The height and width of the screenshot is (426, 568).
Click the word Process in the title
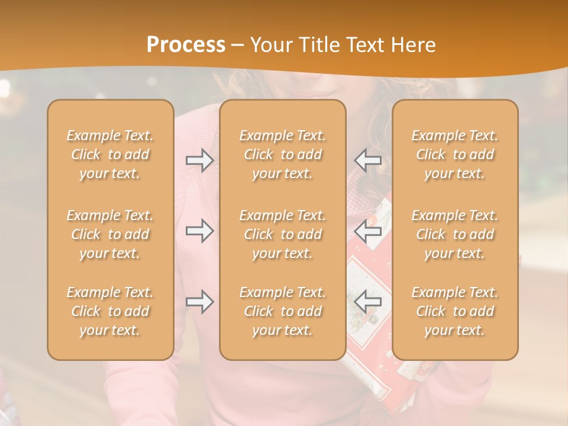[186, 44]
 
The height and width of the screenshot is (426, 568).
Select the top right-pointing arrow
[199, 160]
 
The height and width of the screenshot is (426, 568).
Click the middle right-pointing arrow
[199, 231]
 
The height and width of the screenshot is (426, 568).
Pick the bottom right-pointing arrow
[199, 302]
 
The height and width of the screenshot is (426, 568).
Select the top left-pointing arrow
[368, 160]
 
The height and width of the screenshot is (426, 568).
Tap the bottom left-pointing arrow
[368, 302]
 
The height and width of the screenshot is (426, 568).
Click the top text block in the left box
[110, 154]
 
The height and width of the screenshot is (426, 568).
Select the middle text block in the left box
[110, 234]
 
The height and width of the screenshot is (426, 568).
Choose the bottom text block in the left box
[110, 311]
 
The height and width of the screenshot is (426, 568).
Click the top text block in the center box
[282, 154]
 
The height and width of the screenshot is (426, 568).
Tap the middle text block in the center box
[282, 234]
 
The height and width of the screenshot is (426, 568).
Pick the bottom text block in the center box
[282, 311]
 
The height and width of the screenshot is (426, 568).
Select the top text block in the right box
[455, 154]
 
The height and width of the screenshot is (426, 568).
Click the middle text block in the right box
[455, 234]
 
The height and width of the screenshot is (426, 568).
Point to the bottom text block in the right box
[455, 311]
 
